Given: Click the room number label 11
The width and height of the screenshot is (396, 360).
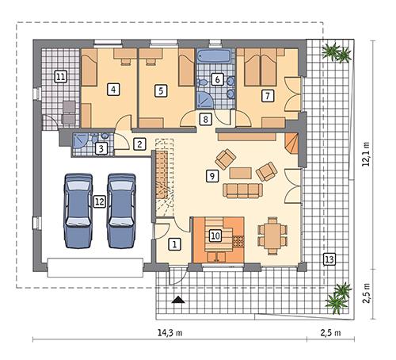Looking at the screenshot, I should [60, 77].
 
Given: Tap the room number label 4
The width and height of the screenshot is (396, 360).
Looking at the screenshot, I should [115, 90].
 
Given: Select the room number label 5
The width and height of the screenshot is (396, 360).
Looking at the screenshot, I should [161, 90].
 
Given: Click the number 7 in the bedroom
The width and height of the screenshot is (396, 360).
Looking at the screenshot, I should [268, 95].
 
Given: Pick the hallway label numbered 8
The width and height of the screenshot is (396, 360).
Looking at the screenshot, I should [205, 120].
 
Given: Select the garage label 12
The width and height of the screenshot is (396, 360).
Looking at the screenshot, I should [99, 201].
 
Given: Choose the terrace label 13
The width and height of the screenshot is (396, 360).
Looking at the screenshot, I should [329, 259].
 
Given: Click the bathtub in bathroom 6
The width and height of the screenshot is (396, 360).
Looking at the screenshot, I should [214, 56].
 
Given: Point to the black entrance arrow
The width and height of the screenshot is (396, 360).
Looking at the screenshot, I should [177, 300].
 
